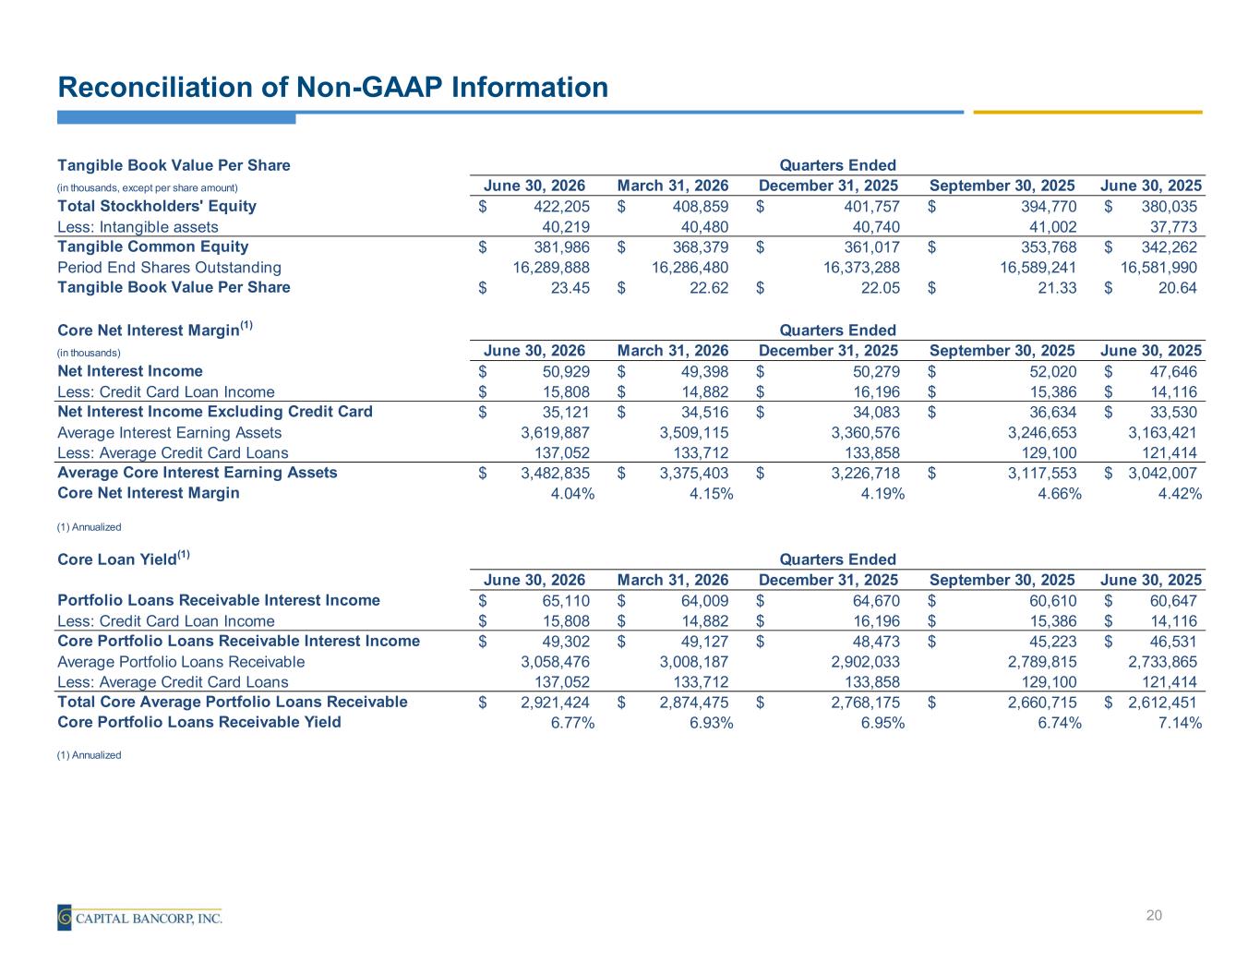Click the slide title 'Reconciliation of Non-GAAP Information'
333,88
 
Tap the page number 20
1153,916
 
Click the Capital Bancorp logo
139,917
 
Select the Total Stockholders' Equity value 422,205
561,207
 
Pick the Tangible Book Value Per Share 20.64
1177,287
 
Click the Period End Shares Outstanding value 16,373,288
861,267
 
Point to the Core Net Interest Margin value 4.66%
1060,493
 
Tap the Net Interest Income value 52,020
1052,372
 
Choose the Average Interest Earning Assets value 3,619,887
555,432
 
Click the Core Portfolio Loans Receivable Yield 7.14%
1180,722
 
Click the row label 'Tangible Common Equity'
152,247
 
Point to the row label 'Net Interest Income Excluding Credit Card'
214,412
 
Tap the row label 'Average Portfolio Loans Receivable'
181,662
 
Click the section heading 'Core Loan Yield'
124,559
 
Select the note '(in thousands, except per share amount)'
148,187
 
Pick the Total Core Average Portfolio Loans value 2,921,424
555,702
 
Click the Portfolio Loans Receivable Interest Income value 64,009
704,601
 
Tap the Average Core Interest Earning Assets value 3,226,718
865,473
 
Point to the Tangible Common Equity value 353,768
1049,247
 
